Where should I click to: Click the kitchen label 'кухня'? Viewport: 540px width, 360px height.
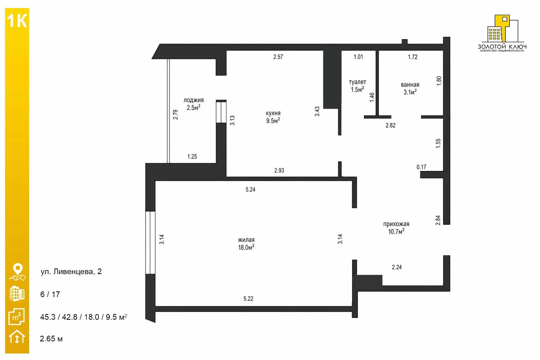[273, 113]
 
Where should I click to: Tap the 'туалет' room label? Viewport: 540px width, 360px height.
[357, 82]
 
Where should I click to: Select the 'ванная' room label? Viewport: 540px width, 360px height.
[410, 85]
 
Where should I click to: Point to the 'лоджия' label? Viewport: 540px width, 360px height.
[194, 100]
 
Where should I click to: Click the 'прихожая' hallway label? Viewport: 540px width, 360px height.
[396, 224]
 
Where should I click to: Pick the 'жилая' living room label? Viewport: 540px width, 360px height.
[246, 240]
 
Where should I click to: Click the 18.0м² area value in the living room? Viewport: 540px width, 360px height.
[246, 247]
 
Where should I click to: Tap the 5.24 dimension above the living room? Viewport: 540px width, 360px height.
[250, 190]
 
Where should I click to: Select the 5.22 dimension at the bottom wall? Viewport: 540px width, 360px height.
[248, 299]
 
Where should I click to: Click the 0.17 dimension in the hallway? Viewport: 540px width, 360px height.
[421, 167]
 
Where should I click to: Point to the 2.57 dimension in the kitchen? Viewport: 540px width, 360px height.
[278, 57]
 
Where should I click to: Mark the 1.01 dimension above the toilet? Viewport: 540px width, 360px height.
[358, 57]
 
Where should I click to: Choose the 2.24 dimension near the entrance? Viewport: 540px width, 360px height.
[397, 267]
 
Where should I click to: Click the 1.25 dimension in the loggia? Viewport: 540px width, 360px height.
[192, 157]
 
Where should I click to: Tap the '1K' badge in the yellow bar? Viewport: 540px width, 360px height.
[17, 21]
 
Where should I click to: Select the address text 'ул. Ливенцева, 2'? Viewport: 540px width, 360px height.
[71, 272]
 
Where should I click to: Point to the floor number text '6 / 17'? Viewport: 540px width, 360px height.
[50, 294]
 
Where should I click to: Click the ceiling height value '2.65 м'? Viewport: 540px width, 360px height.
[51, 339]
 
